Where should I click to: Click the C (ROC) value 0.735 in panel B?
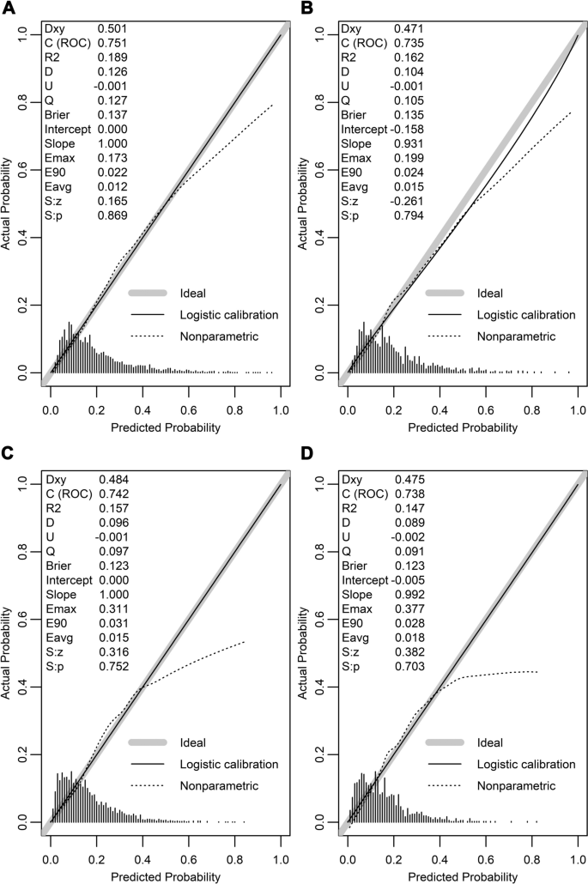tap(408, 43)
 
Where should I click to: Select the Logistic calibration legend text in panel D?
tap(526, 763)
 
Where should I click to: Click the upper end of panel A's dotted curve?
tap(272, 106)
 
